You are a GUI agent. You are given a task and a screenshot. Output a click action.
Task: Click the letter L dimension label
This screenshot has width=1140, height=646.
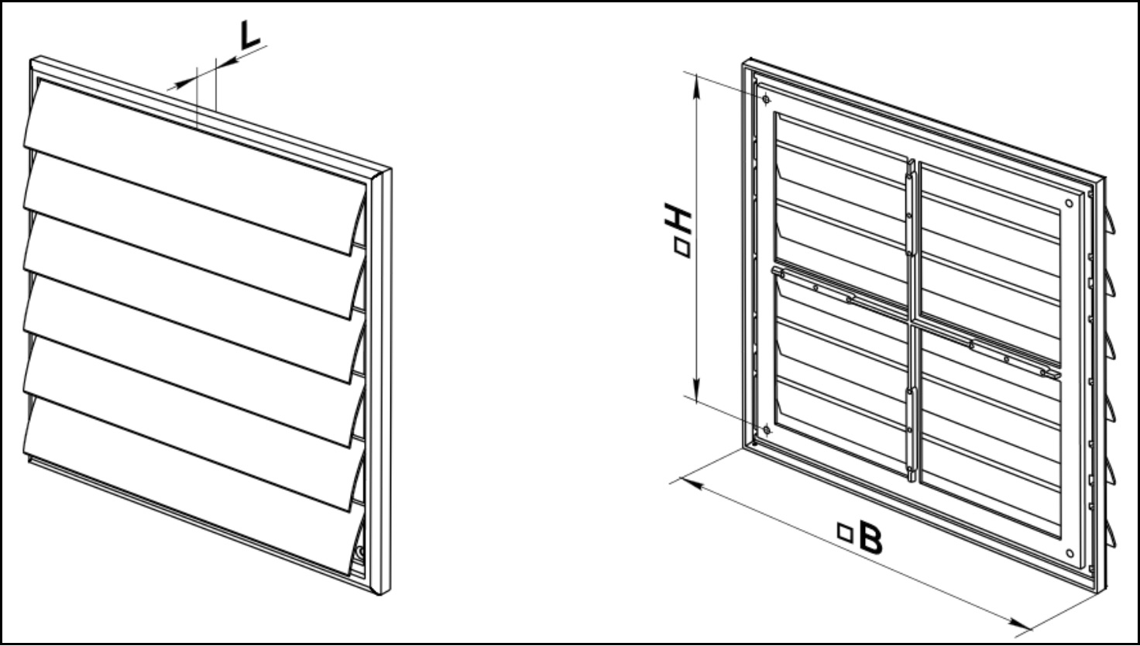250,36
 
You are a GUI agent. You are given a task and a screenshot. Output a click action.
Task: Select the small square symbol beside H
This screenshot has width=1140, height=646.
682,249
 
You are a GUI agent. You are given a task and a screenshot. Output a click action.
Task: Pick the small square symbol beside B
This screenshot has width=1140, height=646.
845,532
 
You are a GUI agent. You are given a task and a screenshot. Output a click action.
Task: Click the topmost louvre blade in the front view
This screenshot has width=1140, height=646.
194,167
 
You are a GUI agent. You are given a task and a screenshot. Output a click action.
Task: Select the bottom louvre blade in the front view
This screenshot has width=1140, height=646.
194,486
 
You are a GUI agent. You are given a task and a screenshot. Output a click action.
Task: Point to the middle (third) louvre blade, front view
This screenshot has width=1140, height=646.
194,297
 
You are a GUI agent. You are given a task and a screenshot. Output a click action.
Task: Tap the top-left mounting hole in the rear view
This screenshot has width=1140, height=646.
766,99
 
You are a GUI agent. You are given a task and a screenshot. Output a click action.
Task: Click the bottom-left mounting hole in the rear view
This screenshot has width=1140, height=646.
767,430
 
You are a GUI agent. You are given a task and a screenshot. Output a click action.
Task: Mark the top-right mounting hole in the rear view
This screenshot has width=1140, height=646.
1069,203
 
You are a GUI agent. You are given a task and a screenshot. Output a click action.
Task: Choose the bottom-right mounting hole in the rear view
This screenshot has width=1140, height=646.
1070,553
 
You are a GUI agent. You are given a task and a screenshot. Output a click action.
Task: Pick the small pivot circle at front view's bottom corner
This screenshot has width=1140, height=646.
360,551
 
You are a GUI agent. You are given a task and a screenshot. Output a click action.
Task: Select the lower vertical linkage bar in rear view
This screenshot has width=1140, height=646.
910,434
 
